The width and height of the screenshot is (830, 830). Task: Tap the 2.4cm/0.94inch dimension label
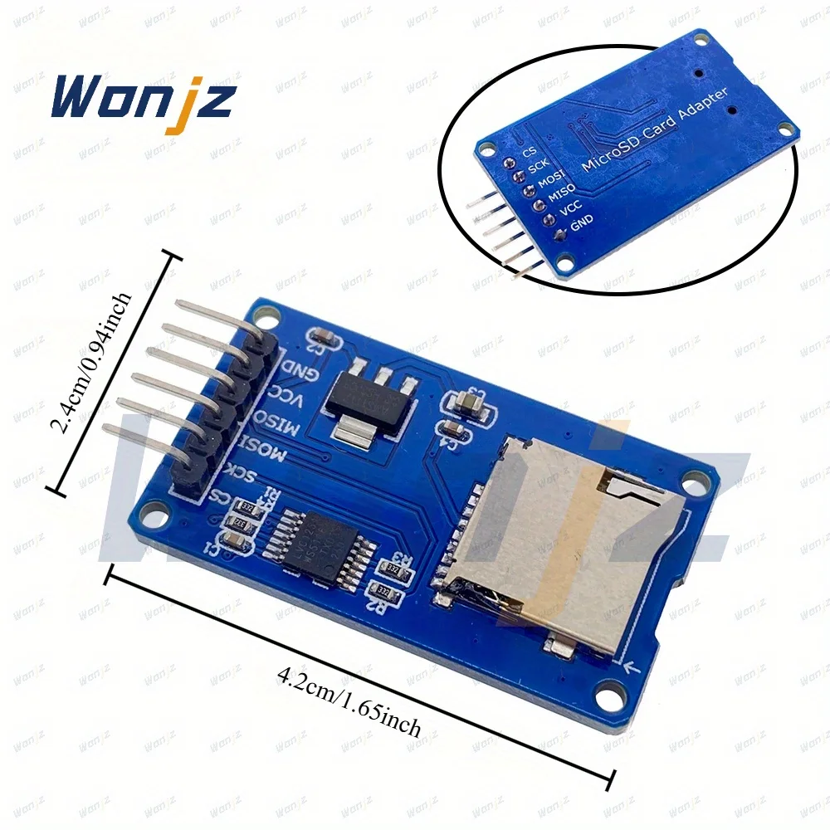point(90,364)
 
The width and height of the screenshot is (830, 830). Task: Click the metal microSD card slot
point(564,539)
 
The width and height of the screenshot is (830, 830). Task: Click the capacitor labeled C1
point(235,543)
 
